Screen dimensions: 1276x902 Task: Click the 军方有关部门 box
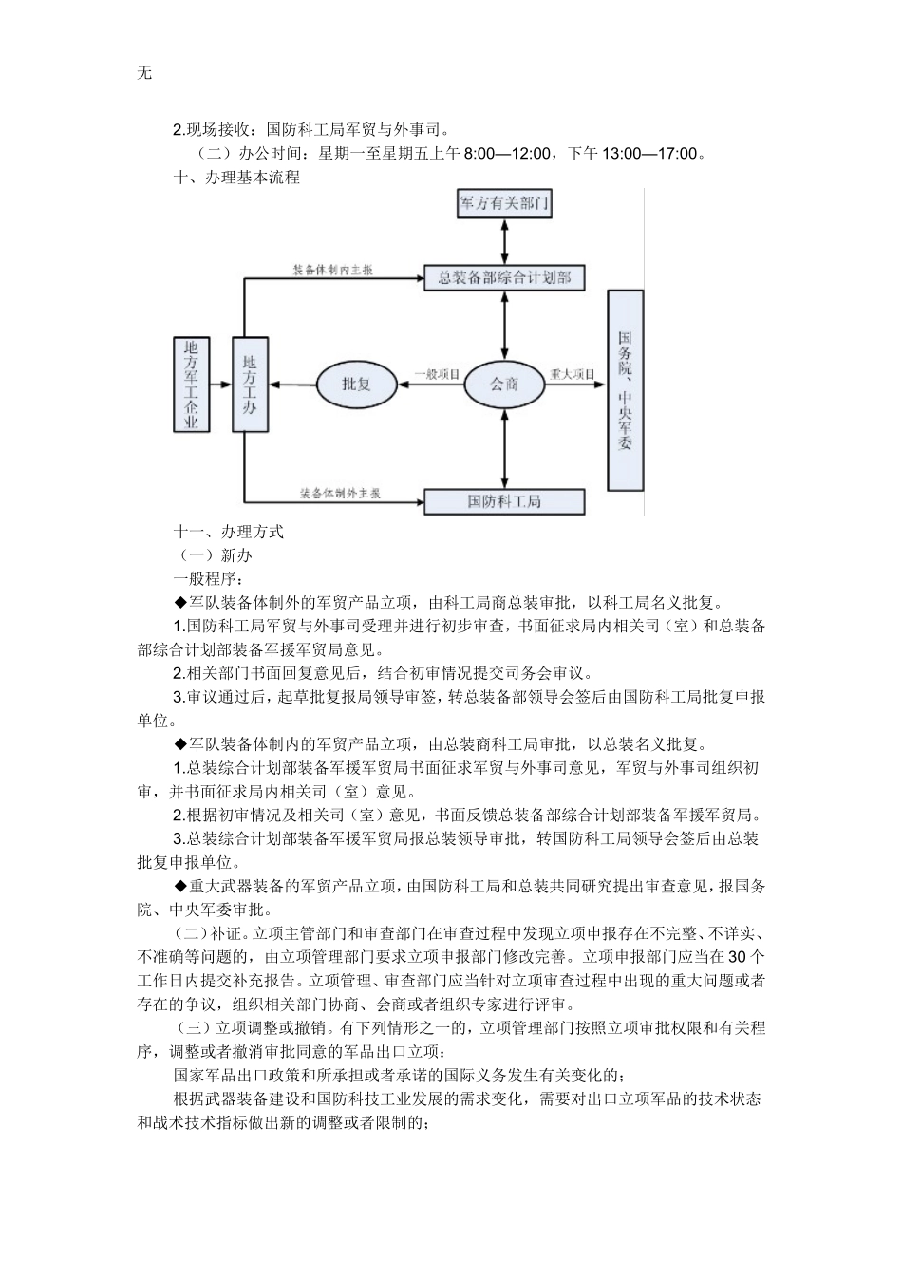point(504,204)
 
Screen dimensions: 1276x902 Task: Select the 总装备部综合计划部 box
point(503,277)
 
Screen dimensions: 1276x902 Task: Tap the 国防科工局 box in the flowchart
point(503,501)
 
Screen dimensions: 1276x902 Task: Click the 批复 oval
point(355,384)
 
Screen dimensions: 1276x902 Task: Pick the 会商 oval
point(503,384)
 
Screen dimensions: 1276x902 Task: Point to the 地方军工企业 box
point(193,384)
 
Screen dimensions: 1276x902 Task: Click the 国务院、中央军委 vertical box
point(624,389)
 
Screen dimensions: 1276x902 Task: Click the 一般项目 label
point(436,375)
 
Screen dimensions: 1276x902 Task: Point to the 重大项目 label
point(572,375)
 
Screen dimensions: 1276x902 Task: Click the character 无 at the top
point(144,73)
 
